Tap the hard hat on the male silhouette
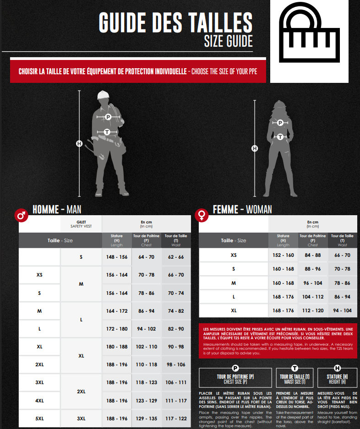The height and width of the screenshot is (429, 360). tap(104, 94)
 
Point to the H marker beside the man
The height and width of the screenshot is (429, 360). tap(79, 144)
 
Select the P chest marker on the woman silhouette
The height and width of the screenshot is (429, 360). tap(280, 123)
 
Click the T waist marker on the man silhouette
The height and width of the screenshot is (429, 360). tap(107, 132)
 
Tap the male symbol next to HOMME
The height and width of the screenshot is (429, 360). tap(21, 215)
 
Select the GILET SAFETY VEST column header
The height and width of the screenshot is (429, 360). tap(81, 224)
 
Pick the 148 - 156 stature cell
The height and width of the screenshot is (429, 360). tap(117, 257)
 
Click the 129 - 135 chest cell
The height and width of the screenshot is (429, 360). tap(146, 418)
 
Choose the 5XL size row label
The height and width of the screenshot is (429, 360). tap(39, 418)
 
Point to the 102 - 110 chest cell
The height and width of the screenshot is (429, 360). tap(146, 347)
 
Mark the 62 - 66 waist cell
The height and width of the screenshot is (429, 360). tap(176, 257)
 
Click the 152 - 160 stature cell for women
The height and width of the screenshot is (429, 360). tap(283, 255)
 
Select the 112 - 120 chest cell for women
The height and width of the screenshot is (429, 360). tap(313, 310)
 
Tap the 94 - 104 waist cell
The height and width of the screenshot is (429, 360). tap(342, 310)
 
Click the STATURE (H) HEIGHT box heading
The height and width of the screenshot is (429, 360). tap(338, 379)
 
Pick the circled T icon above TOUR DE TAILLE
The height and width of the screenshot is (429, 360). tap(295, 368)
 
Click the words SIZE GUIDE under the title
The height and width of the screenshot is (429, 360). tap(228, 41)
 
